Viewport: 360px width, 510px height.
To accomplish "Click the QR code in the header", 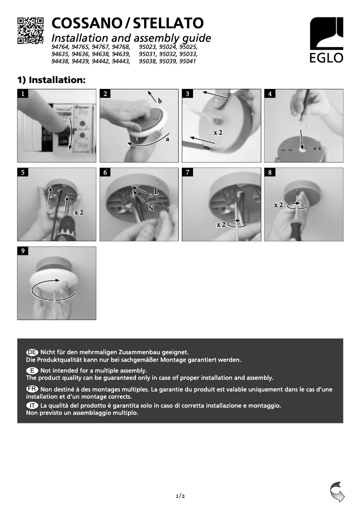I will click(31, 31).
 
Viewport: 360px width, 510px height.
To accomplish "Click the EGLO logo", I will click(326, 40).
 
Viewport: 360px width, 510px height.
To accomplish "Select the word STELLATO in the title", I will click(169, 23).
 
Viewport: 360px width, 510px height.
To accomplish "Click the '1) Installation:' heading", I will click(51, 80).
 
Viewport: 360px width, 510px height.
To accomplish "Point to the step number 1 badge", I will click(22, 94).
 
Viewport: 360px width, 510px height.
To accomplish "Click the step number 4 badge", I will click(270, 94).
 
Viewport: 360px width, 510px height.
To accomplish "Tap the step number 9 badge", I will click(22, 251).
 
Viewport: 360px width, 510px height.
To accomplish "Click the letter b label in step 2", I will click(159, 102).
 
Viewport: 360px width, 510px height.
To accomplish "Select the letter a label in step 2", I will click(167, 139).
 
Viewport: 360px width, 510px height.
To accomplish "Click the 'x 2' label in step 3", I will click(218, 132).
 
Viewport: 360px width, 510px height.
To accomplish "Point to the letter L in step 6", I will click(156, 191).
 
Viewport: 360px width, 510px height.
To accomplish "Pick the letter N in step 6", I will click(151, 208).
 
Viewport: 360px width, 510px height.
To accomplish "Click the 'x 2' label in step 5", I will click(79, 212).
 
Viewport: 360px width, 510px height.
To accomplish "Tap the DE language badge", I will click(32, 352).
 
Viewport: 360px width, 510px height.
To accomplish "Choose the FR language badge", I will click(32, 389).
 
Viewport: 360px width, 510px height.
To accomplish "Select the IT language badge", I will click(32, 405).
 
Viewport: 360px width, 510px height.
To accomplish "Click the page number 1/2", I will click(180, 496).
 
